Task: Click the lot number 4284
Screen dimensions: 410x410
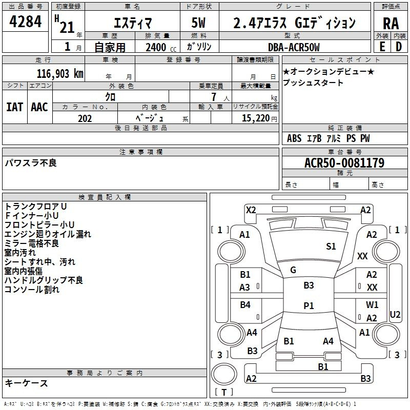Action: tap(25, 22)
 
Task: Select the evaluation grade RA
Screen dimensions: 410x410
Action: tap(391, 24)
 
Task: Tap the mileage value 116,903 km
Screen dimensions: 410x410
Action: tap(60, 74)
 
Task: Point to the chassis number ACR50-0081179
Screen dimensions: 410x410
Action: tap(344, 163)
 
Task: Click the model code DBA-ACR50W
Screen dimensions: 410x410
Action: tap(294, 47)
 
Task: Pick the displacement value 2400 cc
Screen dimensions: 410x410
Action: tap(161, 47)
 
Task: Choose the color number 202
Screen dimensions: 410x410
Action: tap(85, 118)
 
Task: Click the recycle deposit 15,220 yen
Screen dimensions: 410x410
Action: tap(259, 118)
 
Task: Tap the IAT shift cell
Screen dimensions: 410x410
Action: tap(15, 107)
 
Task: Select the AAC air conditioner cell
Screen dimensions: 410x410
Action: tap(39, 107)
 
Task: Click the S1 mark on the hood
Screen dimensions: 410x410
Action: tap(331, 247)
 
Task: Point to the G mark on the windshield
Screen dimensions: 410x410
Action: tap(293, 270)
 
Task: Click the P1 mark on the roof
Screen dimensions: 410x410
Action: tap(309, 305)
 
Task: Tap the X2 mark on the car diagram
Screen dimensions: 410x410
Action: tap(251, 210)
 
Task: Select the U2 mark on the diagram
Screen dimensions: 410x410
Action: tap(395, 315)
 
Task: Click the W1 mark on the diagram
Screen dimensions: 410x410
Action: tap(372, 304)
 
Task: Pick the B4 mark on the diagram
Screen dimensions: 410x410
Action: tap(245, 304)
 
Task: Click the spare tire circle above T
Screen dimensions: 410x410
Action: tap(224, 374)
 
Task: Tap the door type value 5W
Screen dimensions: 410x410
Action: tap(198, 23)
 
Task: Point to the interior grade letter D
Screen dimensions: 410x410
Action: tap(399, 47)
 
